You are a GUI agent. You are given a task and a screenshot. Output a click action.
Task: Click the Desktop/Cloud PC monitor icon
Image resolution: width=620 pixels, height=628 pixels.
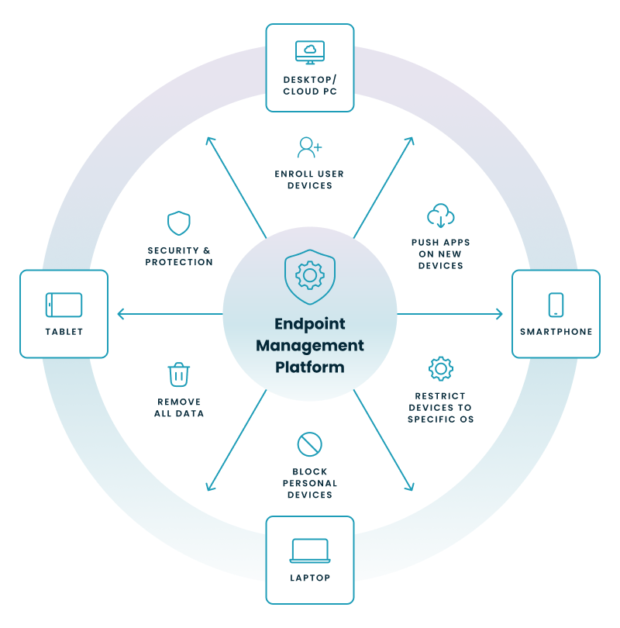(x=310, y=52)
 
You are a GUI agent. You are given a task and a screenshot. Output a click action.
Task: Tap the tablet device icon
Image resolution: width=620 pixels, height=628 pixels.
(x=64, y=305)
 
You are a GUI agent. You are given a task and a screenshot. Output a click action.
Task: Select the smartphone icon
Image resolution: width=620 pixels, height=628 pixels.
(x=556, y=305)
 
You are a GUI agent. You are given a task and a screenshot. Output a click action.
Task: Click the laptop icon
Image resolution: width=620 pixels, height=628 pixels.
(x=310, y=550)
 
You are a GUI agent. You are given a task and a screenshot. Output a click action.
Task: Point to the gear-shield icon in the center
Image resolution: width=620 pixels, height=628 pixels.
(x=310, y=276)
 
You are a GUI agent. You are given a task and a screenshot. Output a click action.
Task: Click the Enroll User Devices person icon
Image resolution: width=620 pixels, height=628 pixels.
(x=309, y=147)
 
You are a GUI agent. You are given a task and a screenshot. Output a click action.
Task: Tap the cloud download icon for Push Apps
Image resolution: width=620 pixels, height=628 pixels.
(x=440, y=216)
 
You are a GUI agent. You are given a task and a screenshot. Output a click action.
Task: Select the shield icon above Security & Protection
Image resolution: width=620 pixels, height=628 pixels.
(x=179, y=224)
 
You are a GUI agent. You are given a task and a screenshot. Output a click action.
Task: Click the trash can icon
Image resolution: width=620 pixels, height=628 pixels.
(x=179, y=375)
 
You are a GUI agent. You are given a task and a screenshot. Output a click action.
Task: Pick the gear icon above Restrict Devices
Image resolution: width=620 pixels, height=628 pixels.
(x=440, y=368)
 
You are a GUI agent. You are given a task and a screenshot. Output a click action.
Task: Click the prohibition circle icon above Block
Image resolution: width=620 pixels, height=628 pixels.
(x=309, y=444)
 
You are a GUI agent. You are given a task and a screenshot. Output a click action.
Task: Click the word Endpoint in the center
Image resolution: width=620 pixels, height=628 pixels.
(x=310, y=324)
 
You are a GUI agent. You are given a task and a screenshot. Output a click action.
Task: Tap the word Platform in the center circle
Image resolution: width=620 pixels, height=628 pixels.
(x=310, y=367)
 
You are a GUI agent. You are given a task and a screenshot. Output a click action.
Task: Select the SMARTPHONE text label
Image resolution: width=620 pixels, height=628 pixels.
(x=556, y=332)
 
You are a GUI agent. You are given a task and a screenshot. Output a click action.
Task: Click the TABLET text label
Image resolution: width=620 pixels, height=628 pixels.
(x=64, y=332)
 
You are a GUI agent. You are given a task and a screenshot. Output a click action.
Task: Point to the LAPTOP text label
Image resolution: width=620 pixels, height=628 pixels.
(x=310, y=578)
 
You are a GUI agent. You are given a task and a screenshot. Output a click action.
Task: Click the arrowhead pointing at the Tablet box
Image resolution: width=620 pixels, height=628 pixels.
(x=119, y=314)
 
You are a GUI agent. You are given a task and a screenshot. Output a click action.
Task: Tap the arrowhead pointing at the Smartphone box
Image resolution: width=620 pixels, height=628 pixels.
(x=500, y=314)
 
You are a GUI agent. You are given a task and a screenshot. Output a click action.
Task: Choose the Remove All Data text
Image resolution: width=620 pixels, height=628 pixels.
(x=179, y=408)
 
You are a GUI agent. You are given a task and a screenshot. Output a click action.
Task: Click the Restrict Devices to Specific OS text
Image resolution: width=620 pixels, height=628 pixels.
(x=440, y=408)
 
